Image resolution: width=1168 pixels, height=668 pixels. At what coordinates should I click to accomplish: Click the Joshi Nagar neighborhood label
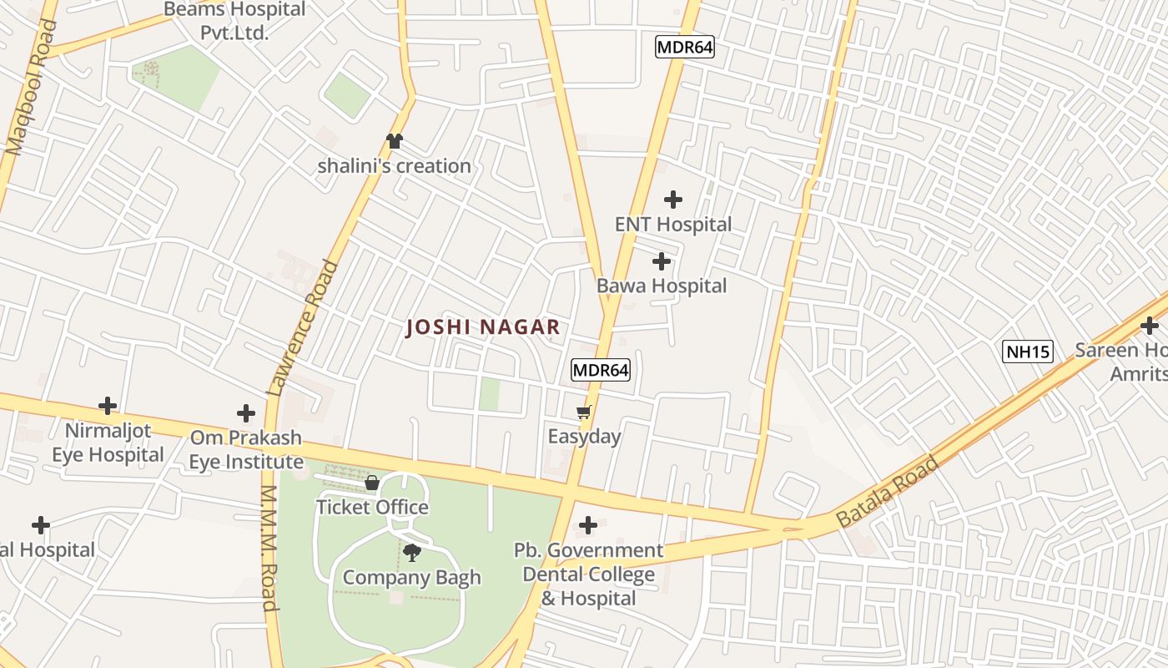(x=482, y=327)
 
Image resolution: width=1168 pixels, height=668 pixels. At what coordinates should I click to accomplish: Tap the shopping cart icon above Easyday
(x=583, y=412)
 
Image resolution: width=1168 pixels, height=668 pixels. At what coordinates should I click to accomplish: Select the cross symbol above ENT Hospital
(x=672, y=200)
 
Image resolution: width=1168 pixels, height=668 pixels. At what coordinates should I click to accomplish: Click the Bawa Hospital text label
(x=662, y=286)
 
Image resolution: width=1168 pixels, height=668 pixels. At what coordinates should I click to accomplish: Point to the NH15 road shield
(x=1027, y=352)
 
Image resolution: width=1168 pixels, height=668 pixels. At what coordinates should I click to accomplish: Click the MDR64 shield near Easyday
(x=600, y=369)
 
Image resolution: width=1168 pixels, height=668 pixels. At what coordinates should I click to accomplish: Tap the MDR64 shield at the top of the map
(x=684, y=47)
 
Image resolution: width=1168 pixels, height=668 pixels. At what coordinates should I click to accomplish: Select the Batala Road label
(x=888, y=490)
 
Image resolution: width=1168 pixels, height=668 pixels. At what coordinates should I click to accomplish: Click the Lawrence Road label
(x=303, y=327)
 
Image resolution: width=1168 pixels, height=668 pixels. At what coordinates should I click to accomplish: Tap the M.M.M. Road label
(x=269, y=548)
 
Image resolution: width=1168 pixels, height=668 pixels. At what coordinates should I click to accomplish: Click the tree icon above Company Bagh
(x=411, y=552)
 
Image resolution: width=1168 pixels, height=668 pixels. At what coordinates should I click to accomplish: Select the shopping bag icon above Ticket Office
(x=372, y=483)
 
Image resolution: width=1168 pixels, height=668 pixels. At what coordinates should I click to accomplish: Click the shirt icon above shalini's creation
(x=394, y=141)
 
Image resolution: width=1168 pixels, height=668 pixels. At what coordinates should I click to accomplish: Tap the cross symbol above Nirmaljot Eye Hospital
(x=107, y=406)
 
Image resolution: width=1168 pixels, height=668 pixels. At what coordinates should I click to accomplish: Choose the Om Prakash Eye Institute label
(x=246, y=449)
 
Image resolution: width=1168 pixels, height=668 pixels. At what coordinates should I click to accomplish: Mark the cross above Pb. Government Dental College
(x=587, y=525)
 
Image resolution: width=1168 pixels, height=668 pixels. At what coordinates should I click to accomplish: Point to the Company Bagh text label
(x=411, y=577)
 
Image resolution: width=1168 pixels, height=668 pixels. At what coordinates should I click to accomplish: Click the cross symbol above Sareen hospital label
(x=1150, y=325)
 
